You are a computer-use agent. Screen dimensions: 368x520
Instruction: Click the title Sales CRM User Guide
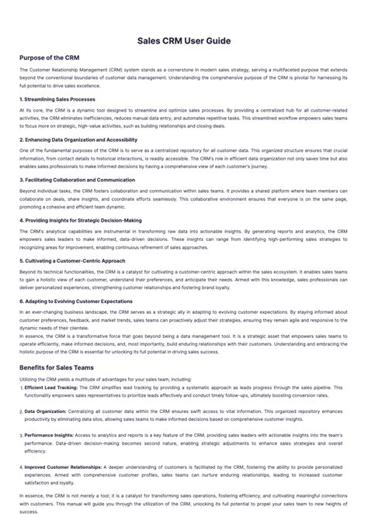coord(184,40)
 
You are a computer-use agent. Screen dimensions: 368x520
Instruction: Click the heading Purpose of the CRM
coord(49,57)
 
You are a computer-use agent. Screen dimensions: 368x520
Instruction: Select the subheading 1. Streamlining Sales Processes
coord(57,99)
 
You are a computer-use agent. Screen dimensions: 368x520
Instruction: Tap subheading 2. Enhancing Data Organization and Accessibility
coord(78,139)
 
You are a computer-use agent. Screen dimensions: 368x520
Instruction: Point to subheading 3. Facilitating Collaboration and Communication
coord(77,180)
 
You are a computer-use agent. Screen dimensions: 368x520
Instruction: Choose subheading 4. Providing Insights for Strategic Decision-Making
coord(81,220)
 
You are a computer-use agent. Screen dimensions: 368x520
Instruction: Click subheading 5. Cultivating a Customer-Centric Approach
coord(71,260)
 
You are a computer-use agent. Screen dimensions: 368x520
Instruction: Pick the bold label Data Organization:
coord(45,411)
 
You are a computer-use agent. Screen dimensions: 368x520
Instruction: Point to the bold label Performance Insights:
coord(50,436)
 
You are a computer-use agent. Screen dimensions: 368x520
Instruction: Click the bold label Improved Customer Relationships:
coord(64,467)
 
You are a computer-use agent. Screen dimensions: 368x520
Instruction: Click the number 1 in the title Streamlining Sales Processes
coord(22,99)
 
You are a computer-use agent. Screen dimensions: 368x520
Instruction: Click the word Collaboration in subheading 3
coord(70,180)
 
